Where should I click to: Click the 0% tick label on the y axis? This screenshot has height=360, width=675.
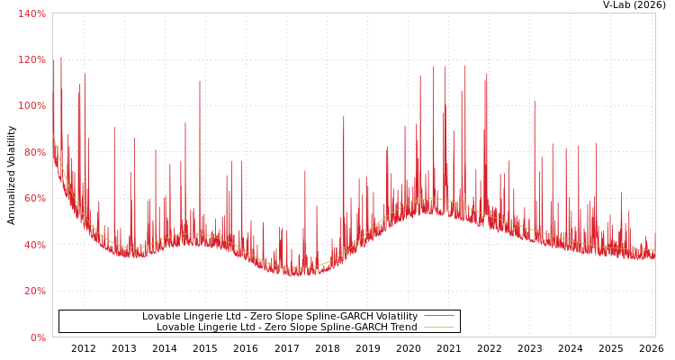[38, 337]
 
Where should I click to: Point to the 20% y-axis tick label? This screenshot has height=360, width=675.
[35, 291]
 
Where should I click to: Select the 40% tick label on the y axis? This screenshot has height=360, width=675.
[35, 245]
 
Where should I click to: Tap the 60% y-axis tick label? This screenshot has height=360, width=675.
[35, 198]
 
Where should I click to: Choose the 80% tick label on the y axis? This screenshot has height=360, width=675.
[35, 152]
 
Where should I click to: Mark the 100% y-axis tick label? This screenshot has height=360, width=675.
[32, 105]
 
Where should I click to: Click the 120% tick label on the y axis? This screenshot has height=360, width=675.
[32, 59]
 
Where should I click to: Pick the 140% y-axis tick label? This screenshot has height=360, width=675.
[32, 13]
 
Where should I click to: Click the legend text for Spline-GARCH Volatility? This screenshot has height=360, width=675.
[279, 317]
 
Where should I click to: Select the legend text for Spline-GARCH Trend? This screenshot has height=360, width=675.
[286, 328]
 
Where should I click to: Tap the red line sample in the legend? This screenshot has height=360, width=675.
[438, 317]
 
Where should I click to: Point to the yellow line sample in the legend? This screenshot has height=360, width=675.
[438, 328]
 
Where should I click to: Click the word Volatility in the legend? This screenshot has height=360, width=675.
[395, 317]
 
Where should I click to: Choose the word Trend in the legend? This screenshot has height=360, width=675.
[403, 328]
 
